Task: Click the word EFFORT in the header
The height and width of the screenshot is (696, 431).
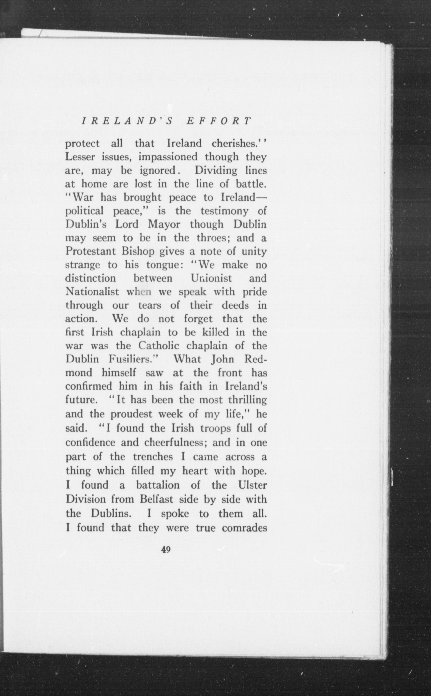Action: [x=219, y=121]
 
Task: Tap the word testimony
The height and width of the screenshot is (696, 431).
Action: [x=224, y=211]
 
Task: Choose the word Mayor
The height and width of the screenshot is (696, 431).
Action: [x=164, y=225]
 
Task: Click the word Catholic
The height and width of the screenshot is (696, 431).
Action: [x=158, y=346]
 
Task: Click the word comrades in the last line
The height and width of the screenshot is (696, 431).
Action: [x=244, y=528]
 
